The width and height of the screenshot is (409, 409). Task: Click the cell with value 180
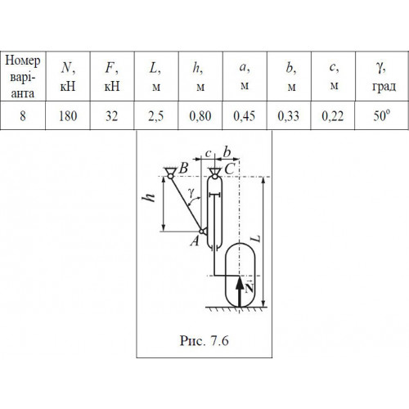pos(68,116)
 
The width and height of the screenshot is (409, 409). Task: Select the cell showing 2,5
pos(156,116)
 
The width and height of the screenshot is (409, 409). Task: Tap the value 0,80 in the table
pos(200,116)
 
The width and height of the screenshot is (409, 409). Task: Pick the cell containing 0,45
pos(245,116)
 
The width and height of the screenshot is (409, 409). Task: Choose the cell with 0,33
pos(289,116)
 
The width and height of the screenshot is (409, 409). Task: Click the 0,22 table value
pos(333,116)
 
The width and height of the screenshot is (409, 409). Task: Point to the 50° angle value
pos(381,115)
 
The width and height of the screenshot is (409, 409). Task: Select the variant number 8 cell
pos(23,116)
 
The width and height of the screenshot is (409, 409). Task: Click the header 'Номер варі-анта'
pos(23,77)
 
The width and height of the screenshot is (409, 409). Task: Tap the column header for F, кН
pos(112,77)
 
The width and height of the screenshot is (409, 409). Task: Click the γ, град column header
pos(384,77)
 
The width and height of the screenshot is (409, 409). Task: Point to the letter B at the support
pos(183,168)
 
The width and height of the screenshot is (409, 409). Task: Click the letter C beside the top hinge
pos(230,169)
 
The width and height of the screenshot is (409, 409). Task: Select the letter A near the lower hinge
pos(195,240)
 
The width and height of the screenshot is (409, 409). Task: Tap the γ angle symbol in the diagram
pos(191,192)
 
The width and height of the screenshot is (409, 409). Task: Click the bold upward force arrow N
pos(240,292)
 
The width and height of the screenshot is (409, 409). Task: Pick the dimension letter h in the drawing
pos(150,197)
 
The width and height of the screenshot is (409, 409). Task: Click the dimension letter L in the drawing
pos(256,239)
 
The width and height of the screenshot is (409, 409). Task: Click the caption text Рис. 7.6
pos(204,340)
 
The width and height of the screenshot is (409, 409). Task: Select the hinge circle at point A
pos(201,231)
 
